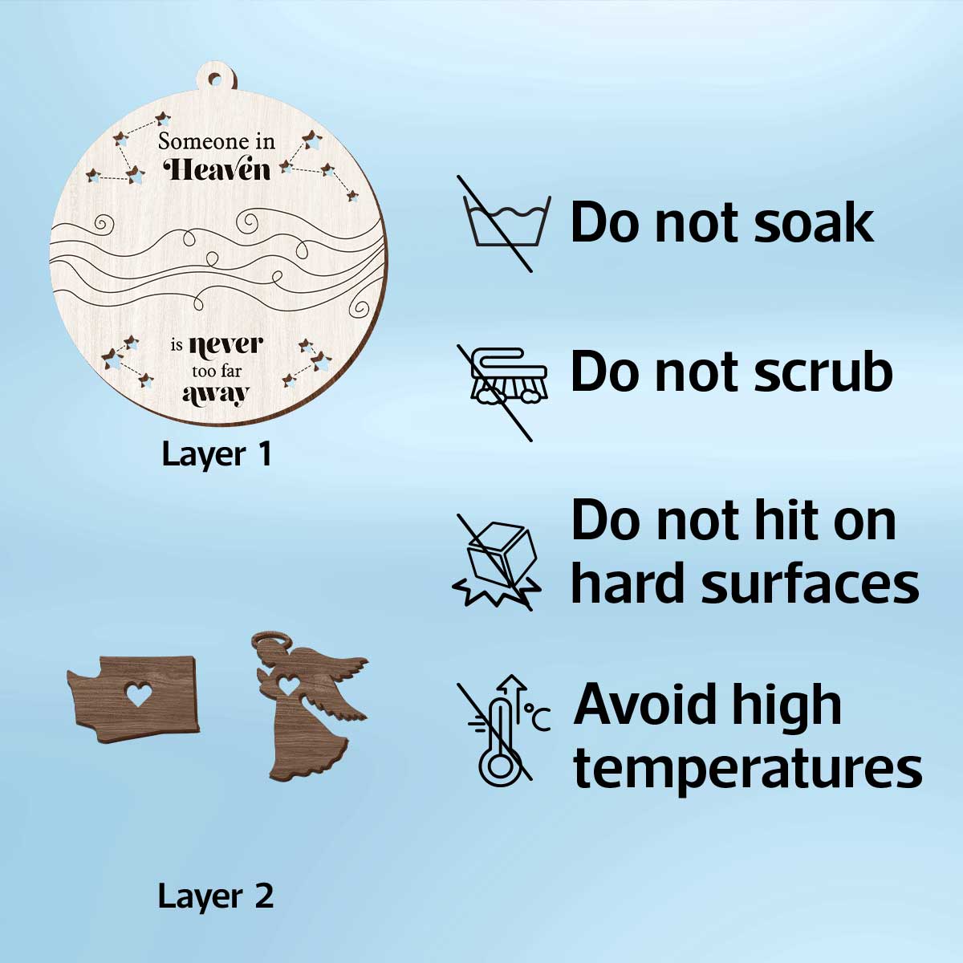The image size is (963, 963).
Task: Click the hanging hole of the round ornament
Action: pos(215,79)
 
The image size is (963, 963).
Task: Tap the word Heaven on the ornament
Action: pos(217,169)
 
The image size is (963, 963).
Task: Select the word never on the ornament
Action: pos(226,345)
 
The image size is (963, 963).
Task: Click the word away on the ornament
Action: pos(216,395)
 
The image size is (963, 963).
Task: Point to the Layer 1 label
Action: pos(217,455)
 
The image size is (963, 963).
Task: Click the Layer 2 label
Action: pos(216,896)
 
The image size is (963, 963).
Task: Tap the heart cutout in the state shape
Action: pos(138,694)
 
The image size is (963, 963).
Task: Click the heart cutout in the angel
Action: pos(289,685)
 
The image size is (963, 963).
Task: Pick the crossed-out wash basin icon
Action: pos(504,223)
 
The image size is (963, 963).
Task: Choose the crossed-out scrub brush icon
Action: pos(502,392)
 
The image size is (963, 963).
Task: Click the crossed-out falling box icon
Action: pos(497,562)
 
